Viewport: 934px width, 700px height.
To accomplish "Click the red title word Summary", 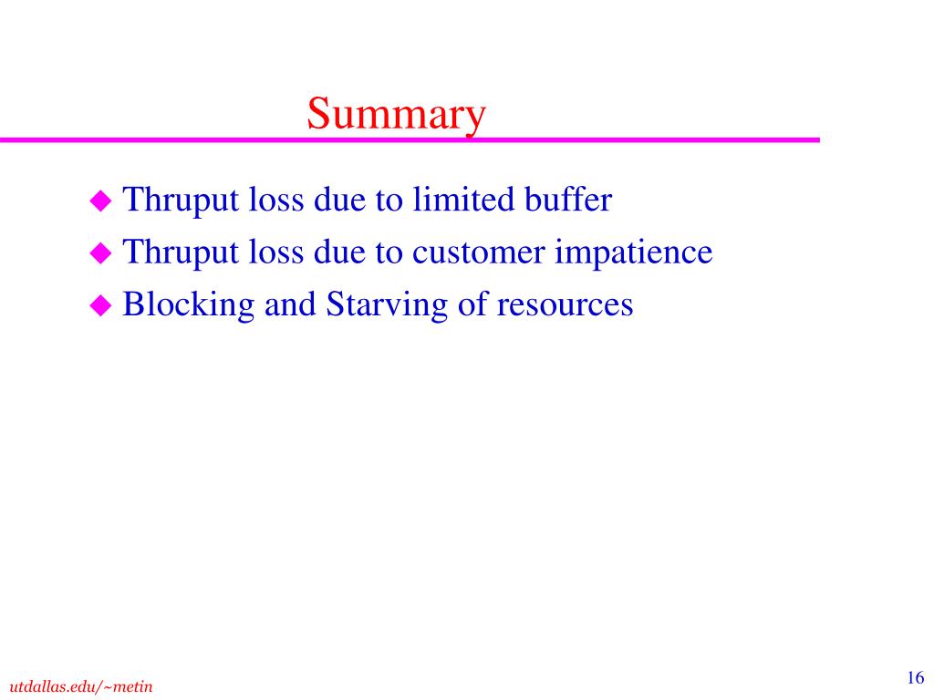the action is tap(396, 114).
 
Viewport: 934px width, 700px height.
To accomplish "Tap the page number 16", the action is tap(916, 677).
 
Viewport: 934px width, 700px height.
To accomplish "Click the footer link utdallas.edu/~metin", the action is tap(81, 686).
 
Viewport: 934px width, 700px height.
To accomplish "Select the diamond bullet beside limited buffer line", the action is tap(100, 201).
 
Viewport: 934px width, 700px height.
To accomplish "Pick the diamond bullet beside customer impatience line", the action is tap(100, 253).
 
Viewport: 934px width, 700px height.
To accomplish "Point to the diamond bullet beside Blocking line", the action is tap(100, 305).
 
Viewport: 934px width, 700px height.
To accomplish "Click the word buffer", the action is tap(567, 199).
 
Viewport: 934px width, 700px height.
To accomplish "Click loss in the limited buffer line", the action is tap(275, 199).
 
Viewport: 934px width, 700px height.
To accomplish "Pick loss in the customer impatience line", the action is tap(275, 252).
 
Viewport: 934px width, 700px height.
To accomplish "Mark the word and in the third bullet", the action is tap(290, 304).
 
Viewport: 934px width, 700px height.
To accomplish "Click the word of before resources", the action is tap(472, 304).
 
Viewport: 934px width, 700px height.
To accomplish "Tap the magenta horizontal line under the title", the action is tap(410, 139).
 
